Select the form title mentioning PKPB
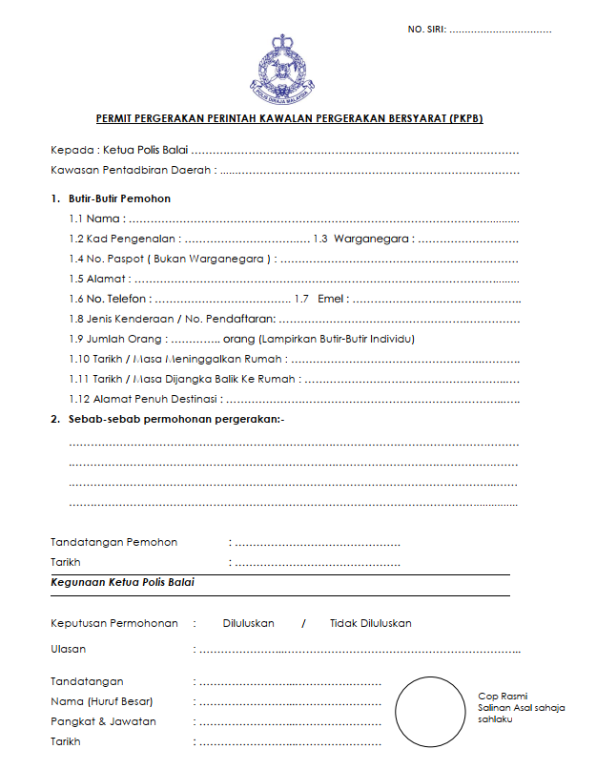[289, 119]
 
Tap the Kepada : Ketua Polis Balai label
[119, 150]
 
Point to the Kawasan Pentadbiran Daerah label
[133, 171]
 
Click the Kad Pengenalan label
[128, 239]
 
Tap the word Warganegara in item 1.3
[373, 239]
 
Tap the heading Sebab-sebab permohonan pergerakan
[175, 419]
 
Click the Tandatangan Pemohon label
[113, 542]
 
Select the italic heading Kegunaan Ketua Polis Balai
[122, 581]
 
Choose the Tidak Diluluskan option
[371, 623]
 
